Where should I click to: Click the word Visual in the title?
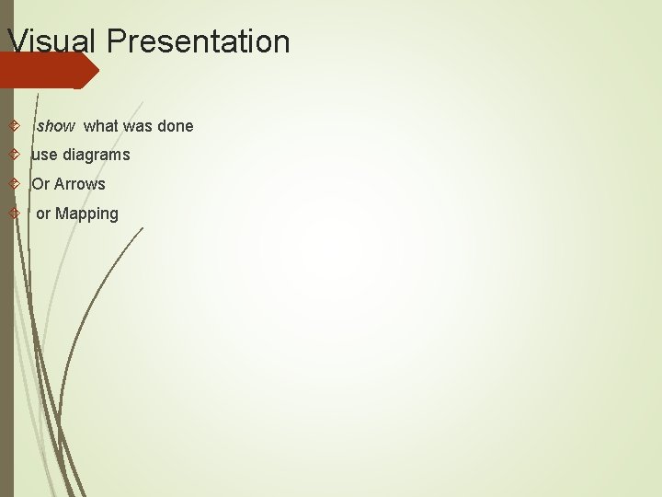pyautogui.click(x=51, y=41)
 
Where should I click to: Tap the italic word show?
pyautogui.click(x=55, y=126)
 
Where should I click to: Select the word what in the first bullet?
pyautogui.click(x=100, y=126)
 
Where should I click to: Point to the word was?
pyautogui.click(x=136, y=126)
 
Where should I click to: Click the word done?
pyautogui.click(x=175, y=126)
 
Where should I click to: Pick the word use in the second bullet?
pyautogui.click(x=44, y=155)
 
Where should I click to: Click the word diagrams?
pyautogui.click(x=97, y=155)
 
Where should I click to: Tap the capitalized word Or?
pyautogui.click(x=40, y=184)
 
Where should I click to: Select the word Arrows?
pyautogui.click(x=80, y=184)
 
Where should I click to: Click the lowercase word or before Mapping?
pyautogui.click(x=43, y=214)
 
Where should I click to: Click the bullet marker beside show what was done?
pyautogui.click(x=13, y=126)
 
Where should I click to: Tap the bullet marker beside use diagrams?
pyautogui.click(x=13, y=155)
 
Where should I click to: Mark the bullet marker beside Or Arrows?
pyautogui.click(x=13, y=184)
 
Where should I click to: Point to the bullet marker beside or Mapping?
pyautogui.click(x=13, y=214)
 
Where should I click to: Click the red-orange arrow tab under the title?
pyautogui.click(x=51, y=70)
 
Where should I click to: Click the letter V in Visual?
pyautogui.click(x=16, y=41)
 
